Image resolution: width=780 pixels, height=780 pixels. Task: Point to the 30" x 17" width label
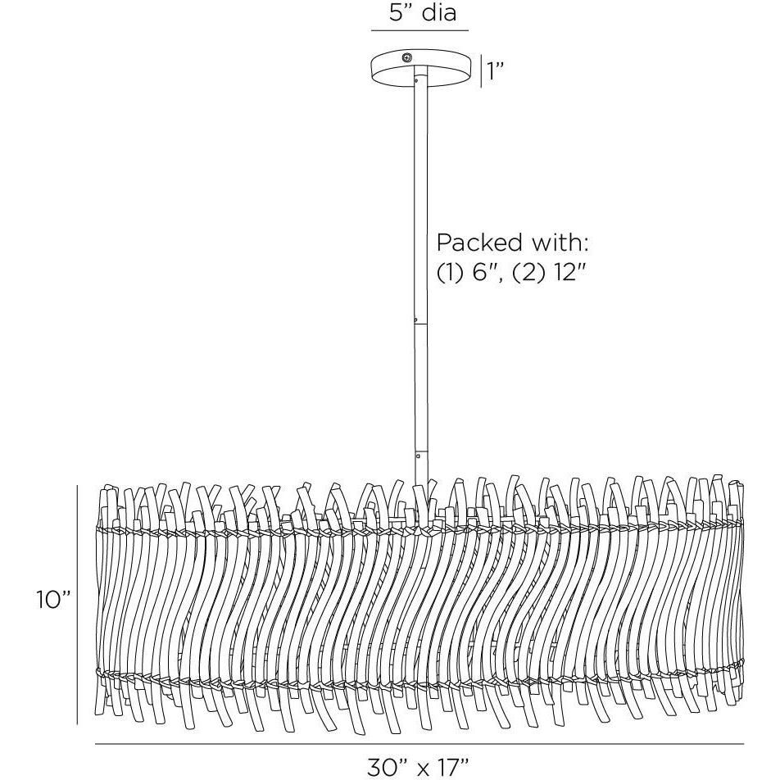[x=417, y=766]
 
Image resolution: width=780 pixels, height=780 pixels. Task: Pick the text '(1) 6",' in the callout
[x=469, y=273]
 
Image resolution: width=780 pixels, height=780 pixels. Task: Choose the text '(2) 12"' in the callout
[x=548, y=273]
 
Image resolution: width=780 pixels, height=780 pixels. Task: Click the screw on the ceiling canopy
[x=406, y=57]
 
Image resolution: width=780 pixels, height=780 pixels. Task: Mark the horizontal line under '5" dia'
[x=419, y=30]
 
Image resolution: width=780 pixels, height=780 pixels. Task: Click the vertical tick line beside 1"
[x=480, y=71]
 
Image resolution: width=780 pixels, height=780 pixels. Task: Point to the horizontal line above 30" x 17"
[x=419, y=744]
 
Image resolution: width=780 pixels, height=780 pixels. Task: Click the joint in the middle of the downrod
[x=419, y=323]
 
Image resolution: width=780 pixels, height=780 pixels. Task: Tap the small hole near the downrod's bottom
[x=419, y=453]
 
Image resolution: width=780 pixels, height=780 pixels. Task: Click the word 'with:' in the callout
[x=558, y=243]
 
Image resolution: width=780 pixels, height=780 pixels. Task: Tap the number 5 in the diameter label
[x=395, y=14]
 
